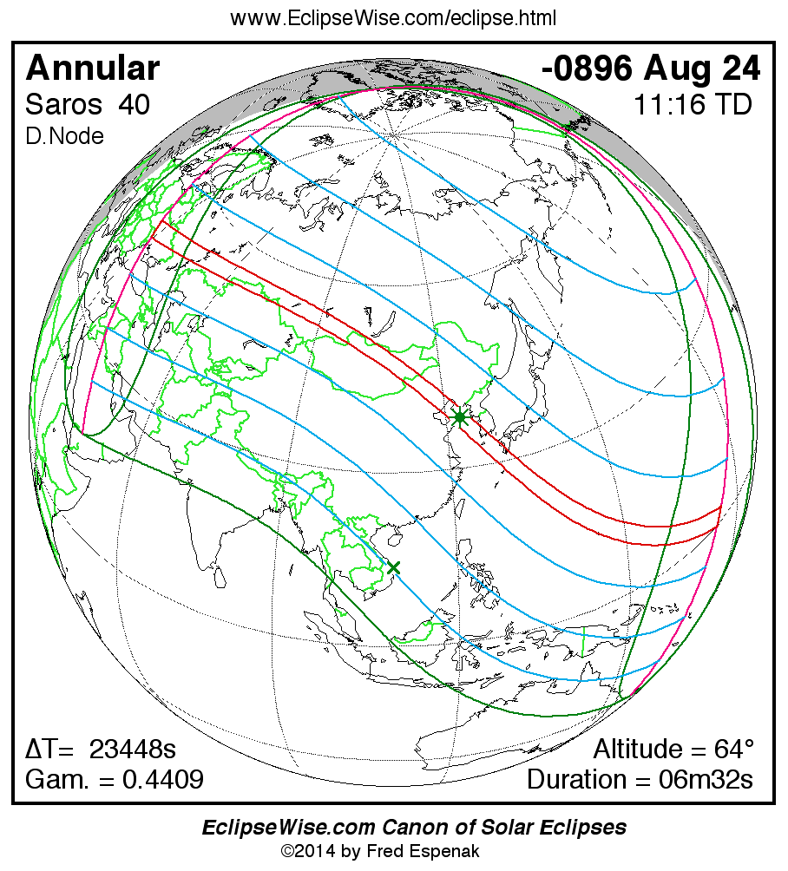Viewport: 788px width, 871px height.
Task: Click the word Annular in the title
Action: coord(93,69)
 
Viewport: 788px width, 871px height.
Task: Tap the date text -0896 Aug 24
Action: coord(651,69)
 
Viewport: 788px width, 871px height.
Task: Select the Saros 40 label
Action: coord(87,105)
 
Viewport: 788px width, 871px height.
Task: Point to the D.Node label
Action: coord(64,136)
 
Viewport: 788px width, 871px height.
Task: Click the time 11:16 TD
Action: coord(692,105)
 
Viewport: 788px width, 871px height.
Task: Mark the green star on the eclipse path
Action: coord(459,417)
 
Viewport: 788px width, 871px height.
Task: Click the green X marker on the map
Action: coord(393,566)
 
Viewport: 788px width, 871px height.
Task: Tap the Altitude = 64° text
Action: coord(673,749)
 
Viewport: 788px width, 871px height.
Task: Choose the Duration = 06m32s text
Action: coord(640,780)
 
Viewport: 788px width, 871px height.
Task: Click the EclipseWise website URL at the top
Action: coord(393,18)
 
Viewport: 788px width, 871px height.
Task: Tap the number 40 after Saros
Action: coord(135,105)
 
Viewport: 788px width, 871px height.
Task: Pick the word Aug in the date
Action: coord(673,69)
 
